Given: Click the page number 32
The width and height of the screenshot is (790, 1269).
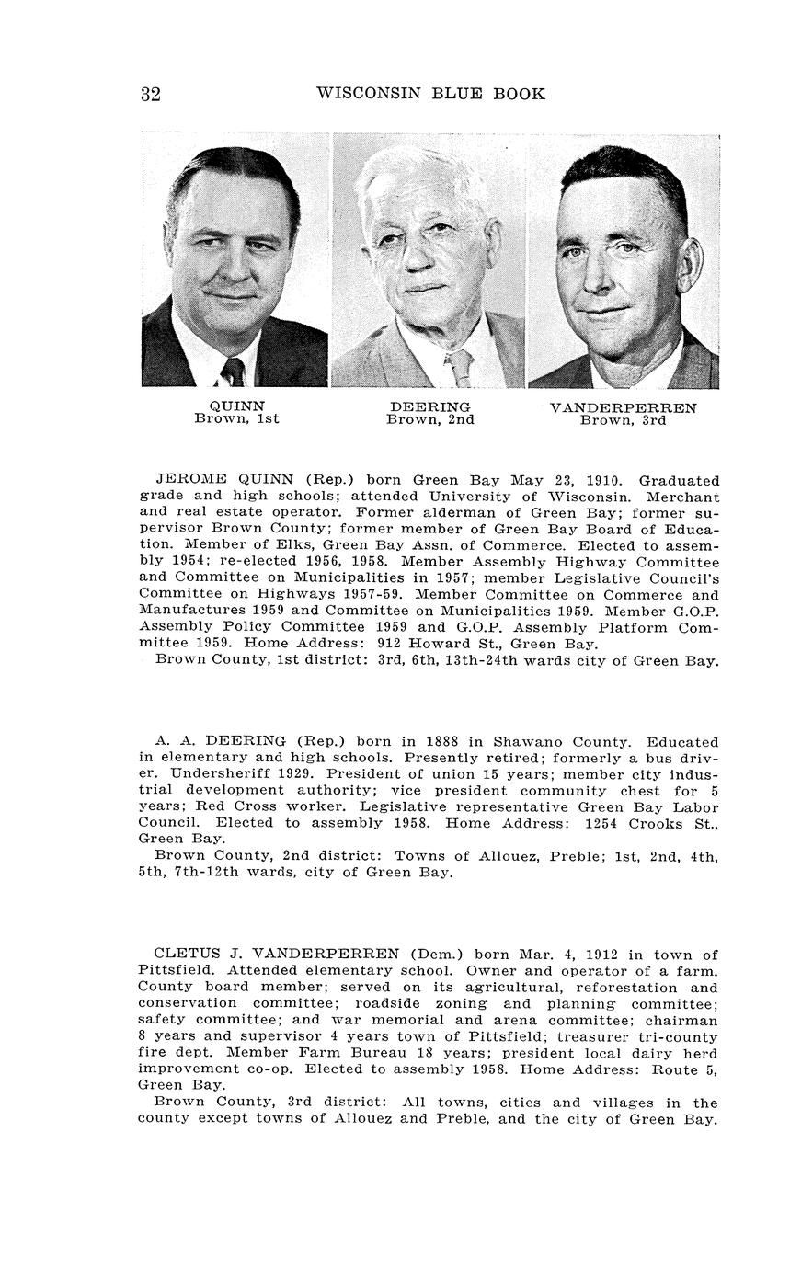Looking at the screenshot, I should (x=151, y=94).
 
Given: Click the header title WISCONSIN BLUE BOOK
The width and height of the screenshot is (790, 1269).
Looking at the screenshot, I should (x=430, y=94).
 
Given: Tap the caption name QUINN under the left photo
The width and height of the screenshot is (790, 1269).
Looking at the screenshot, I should (x=237, y=406).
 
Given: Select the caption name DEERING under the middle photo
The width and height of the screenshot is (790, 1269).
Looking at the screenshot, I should (x=430, y=406).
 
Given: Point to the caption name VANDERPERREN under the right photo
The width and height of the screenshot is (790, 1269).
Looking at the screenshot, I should (x=623, y=408).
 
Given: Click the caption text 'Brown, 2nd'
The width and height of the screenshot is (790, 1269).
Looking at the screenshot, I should (x=430, y=420).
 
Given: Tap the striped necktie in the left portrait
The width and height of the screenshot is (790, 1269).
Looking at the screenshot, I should (x=233, y=372).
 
